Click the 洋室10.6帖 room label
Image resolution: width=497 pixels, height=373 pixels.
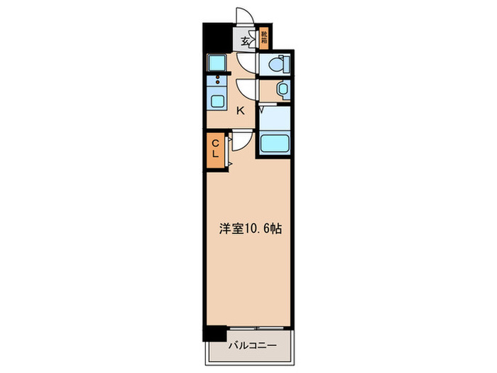coord(250,229)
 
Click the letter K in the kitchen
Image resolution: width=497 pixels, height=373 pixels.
coord(240,111)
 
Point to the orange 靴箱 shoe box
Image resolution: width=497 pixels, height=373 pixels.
coord(264,37)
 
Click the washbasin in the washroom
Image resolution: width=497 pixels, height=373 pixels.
coord(283,90)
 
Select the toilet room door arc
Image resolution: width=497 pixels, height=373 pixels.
coord(248,65)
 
